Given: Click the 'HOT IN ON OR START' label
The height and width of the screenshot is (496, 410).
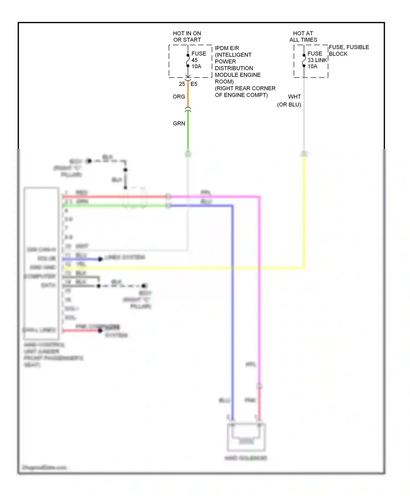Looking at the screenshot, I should tap(187, 37).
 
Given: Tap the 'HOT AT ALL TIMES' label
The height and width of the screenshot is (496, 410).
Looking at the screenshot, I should tap(303, 37).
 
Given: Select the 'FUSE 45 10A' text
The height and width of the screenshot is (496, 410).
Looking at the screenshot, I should tap(198, 60).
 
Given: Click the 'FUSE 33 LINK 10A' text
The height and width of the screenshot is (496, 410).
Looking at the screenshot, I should tap(317, 60).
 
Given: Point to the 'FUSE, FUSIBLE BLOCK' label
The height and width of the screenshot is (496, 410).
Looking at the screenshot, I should tap(348, 51).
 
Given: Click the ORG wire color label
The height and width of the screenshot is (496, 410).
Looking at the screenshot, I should tap(179, 97).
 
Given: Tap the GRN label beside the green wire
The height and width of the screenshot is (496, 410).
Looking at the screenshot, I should tap(179, 124).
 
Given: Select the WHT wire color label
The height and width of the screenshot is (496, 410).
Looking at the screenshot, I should tap(294, 97).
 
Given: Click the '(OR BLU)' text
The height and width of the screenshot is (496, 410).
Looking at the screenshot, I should tap(289, 105).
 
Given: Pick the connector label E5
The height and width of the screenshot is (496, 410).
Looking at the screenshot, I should tap(194, 84).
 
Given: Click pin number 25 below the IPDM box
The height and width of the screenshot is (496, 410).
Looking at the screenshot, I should tap(182, 84).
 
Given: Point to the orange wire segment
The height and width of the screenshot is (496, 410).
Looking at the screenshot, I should tap(188, 94).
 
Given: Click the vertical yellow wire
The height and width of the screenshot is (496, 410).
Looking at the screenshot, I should tap(304, 213).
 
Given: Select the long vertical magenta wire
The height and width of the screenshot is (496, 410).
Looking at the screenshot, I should tap(259, 287).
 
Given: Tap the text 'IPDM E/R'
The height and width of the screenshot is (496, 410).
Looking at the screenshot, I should tap(227, 48).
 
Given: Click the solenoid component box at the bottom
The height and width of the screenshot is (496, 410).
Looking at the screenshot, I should tap(246, 437).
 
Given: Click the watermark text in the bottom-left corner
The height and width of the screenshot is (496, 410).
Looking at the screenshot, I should tap(44, 467).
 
